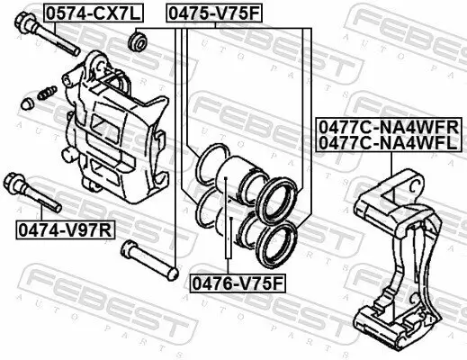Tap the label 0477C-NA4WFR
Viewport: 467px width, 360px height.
pos(388,127)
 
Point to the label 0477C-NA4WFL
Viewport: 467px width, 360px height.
pos(388,141)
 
